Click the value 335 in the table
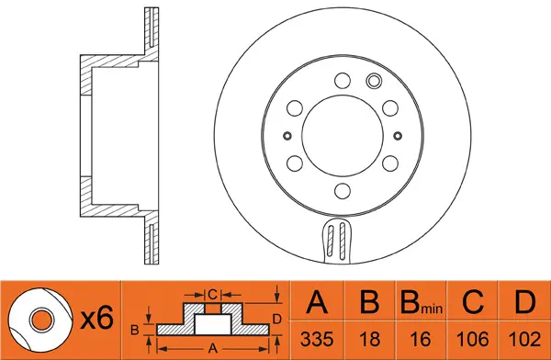point(317,339)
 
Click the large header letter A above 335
point(317,303)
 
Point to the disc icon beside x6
point(39,320)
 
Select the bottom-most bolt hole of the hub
point(341,191)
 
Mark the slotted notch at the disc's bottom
point(340,242)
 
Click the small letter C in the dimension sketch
point(211,294)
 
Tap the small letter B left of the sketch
point(135,328)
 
